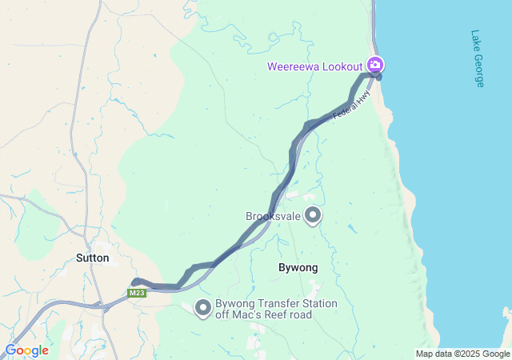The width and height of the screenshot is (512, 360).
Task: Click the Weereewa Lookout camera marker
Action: point(375,64)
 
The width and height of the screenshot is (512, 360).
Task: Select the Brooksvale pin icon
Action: point(313,214)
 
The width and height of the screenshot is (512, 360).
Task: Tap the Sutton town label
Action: point(92,258)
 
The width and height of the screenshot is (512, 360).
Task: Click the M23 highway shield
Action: point(138,293)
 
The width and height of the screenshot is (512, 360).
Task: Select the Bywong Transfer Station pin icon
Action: point(203,309)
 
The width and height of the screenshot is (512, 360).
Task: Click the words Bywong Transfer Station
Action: point(276,304)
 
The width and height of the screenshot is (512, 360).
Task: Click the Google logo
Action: point(26,350)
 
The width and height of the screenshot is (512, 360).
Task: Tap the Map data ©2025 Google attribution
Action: point(462,354)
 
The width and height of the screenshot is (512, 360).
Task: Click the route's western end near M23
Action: point(135,282)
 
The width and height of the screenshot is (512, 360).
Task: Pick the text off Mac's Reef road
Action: point(263,315)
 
